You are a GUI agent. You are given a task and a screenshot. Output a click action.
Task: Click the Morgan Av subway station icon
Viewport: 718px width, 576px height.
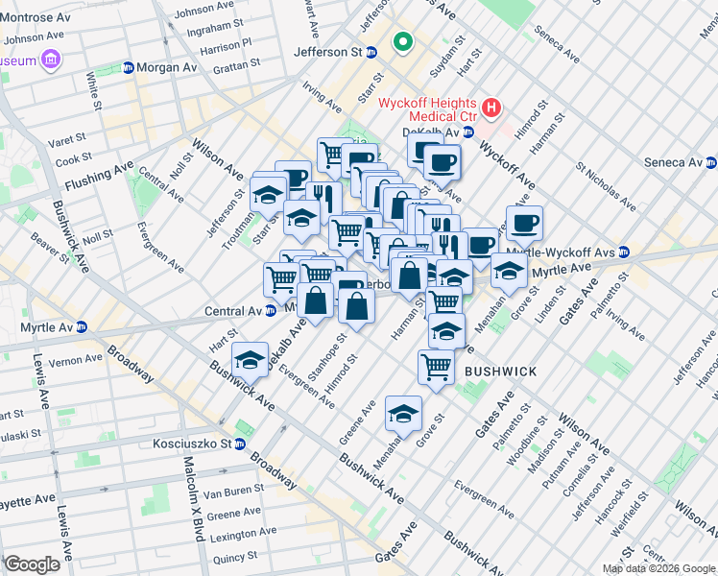129,67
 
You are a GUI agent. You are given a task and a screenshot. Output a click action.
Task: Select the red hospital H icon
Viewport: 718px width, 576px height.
491,108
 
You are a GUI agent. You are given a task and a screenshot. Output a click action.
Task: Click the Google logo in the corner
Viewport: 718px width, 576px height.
32,564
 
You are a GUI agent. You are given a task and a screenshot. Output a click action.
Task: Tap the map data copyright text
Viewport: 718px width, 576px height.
657,568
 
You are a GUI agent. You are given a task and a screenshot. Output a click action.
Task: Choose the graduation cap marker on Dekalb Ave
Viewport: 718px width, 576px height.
251,359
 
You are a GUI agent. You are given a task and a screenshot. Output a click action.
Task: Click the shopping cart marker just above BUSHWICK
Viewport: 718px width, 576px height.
436,366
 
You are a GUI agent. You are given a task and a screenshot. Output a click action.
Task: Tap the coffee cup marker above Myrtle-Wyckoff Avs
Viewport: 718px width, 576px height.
524,224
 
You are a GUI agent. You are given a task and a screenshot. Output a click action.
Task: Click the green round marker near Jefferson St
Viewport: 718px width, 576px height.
402,42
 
